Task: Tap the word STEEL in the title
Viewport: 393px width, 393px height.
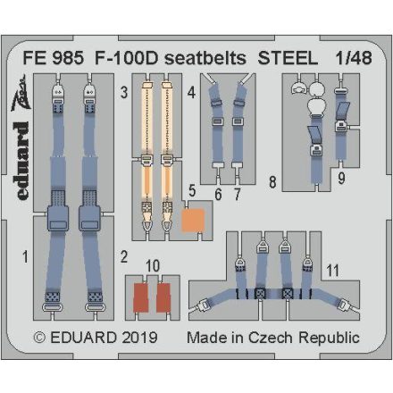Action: pos(285,54)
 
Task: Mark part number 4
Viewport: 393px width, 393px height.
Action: pos(191,92)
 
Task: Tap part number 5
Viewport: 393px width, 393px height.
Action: pos(193,190)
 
